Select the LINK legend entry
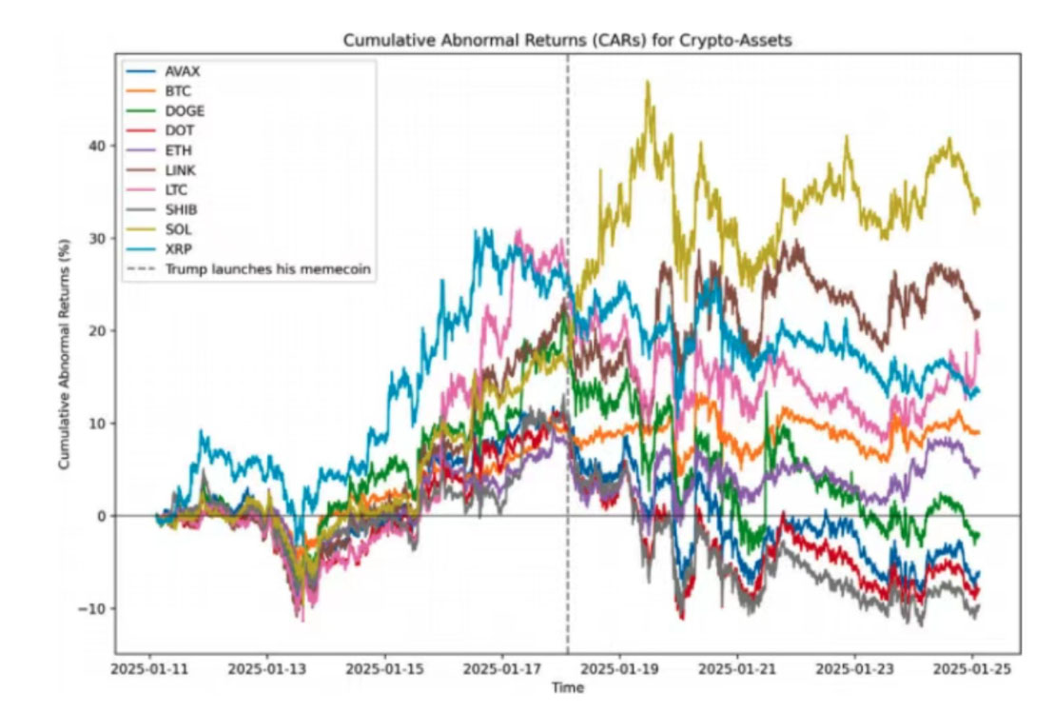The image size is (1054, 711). coord(182,170)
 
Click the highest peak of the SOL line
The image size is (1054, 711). coord(648,82)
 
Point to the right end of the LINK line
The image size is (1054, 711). coord(979,315)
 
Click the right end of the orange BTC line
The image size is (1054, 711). coord(979,432)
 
